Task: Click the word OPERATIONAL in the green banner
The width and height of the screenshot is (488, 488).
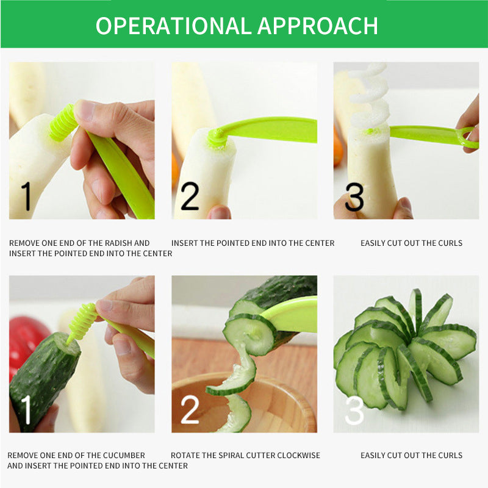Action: coord(173,26)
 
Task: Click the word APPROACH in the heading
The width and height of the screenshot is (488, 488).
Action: coord(318,26)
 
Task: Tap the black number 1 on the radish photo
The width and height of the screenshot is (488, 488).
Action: coord(26,196)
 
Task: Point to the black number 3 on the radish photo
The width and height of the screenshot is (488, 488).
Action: coord(354,196)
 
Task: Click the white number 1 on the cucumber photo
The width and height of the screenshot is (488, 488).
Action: coord(26,409)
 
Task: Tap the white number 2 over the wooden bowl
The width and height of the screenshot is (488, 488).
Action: coord(190,409)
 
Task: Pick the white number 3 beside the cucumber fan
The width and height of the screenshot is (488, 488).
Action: coord(354,410)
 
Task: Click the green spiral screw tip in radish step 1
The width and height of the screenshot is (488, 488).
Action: coord(63,123)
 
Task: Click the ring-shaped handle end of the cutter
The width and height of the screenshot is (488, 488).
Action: coord(469,138)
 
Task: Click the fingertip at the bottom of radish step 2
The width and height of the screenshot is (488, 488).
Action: coord(220,212)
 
